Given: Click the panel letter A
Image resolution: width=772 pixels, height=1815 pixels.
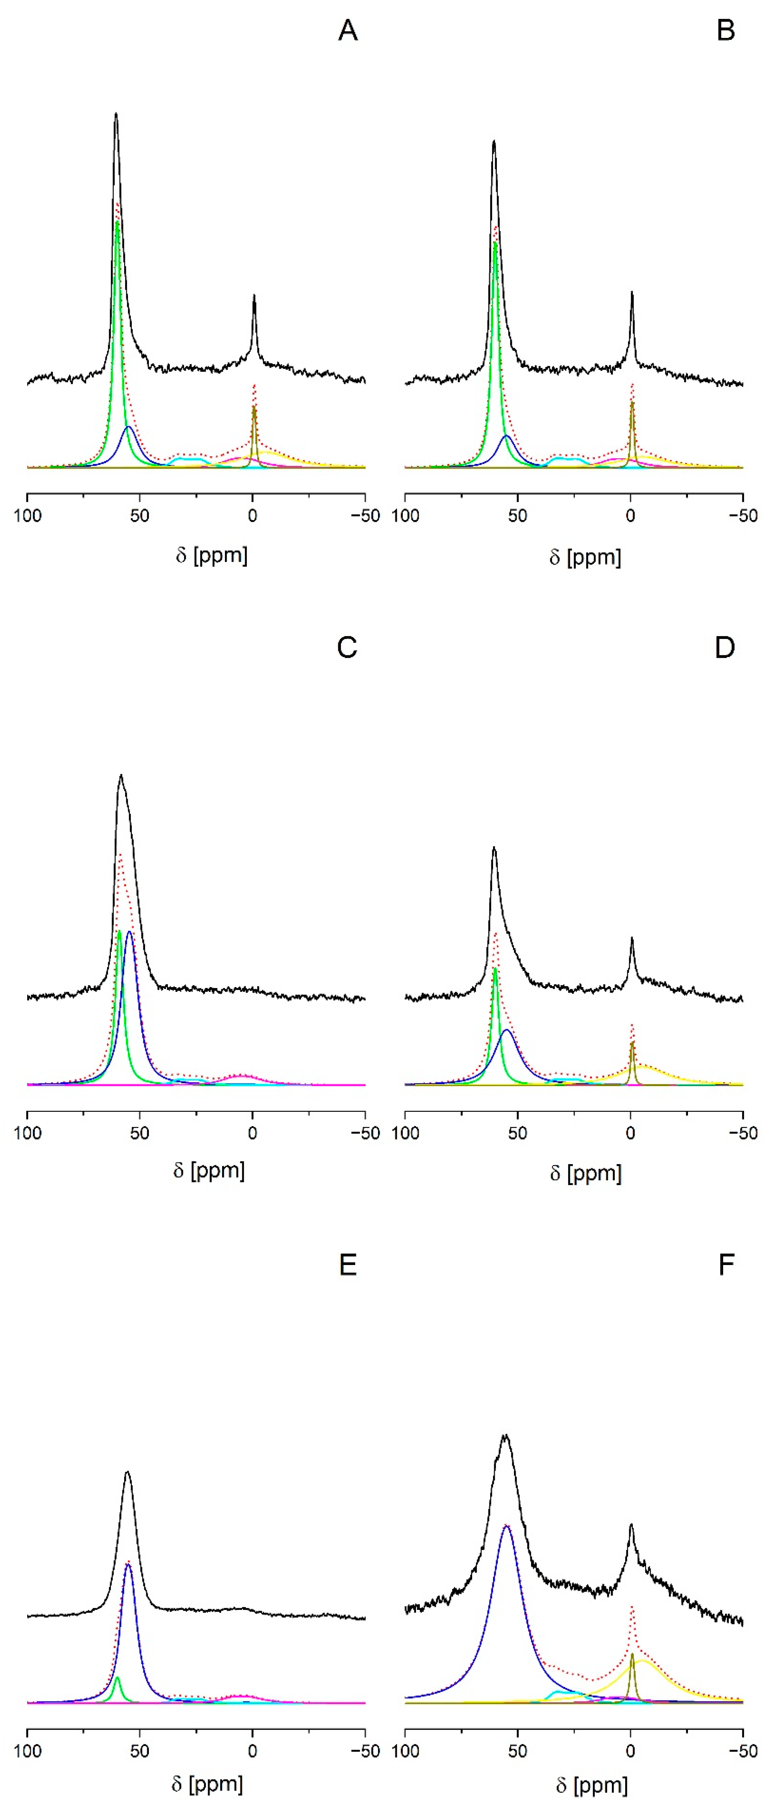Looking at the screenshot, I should (348, 30).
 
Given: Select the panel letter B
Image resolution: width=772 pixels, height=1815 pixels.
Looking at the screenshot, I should (726, 30).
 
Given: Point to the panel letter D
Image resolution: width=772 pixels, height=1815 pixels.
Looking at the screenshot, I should (725, 647).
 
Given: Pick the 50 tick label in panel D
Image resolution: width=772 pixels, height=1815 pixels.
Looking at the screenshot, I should (518, 1133).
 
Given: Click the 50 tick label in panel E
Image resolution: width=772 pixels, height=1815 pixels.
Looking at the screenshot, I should (139, 1751).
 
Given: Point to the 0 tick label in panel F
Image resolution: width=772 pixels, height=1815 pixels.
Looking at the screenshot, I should (630, 1751).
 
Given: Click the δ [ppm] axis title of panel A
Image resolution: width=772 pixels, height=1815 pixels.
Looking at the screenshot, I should (211, 555).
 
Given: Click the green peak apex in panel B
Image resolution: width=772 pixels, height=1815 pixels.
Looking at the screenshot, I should (495, 243).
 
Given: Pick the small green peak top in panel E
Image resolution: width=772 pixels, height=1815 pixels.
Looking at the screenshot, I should (117, 1677).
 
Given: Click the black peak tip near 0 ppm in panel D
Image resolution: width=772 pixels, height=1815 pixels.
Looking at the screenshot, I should (632, 938).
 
